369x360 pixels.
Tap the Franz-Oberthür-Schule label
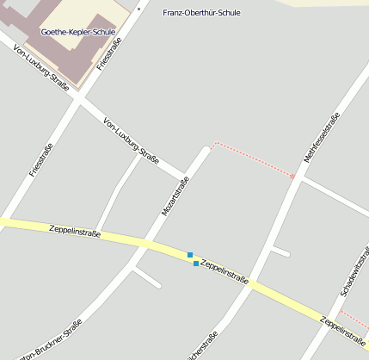point(201,13)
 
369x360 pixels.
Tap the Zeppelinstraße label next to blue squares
point(224,271)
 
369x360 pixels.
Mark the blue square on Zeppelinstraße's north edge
point(190,254)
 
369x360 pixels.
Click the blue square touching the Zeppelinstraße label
point(196,263)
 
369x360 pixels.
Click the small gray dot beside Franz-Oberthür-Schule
point(138,8)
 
